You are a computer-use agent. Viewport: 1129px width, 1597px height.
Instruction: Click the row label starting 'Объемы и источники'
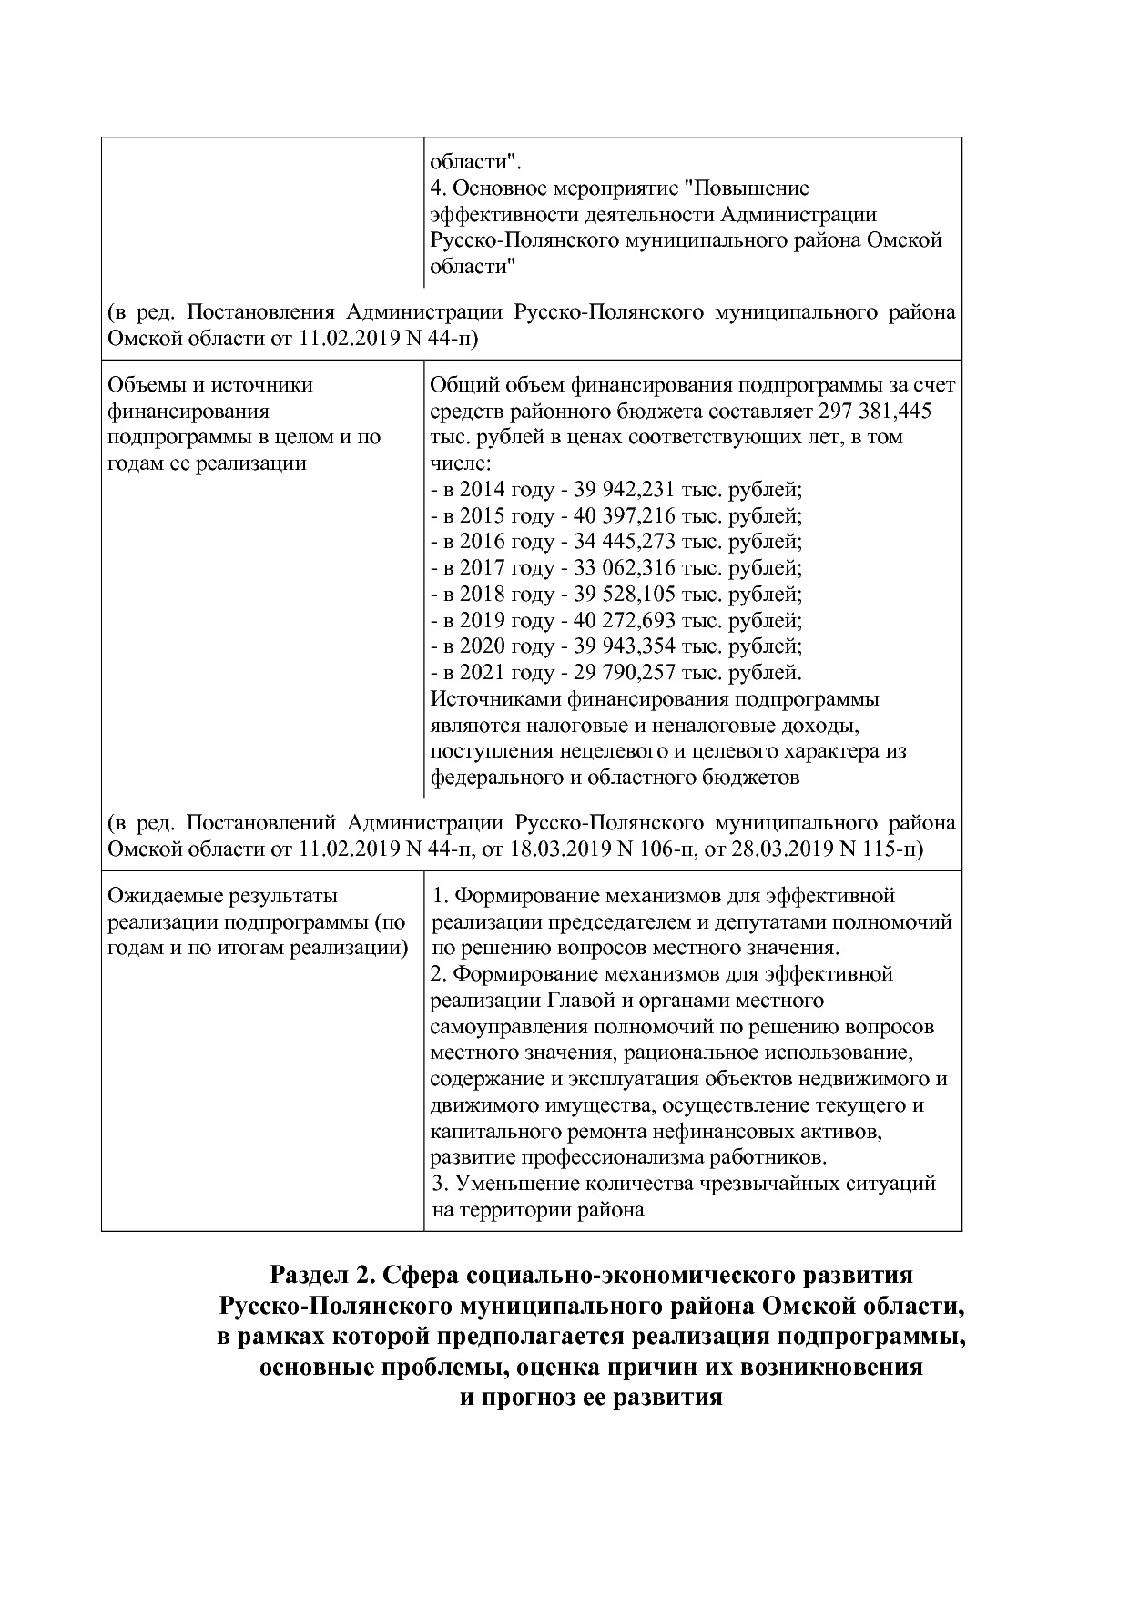[210, 385]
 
